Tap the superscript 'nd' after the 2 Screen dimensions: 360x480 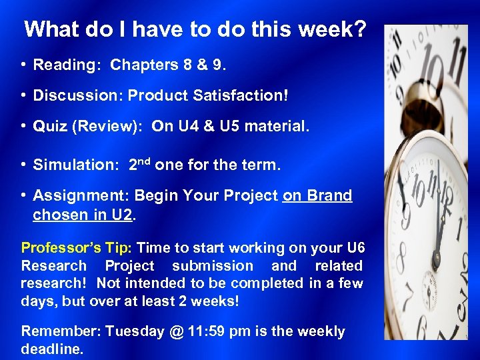point(145,161)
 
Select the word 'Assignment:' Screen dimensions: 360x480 point(81,196)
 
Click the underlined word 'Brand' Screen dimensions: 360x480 point(329,196)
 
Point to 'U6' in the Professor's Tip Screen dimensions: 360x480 point(356,248)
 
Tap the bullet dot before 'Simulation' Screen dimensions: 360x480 point(23,165)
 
